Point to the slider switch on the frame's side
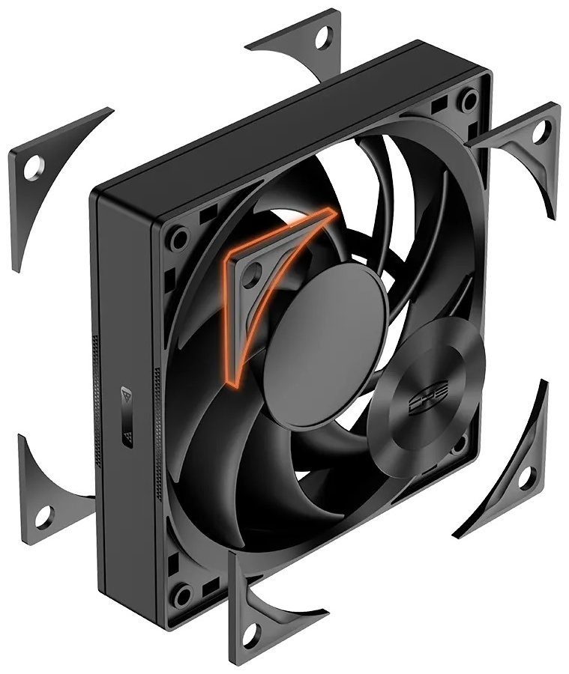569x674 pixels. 127,416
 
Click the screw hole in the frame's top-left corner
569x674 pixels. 178,240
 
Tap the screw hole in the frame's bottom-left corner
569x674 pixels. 181,597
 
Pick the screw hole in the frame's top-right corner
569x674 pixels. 469,99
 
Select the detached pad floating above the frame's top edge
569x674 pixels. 304,45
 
